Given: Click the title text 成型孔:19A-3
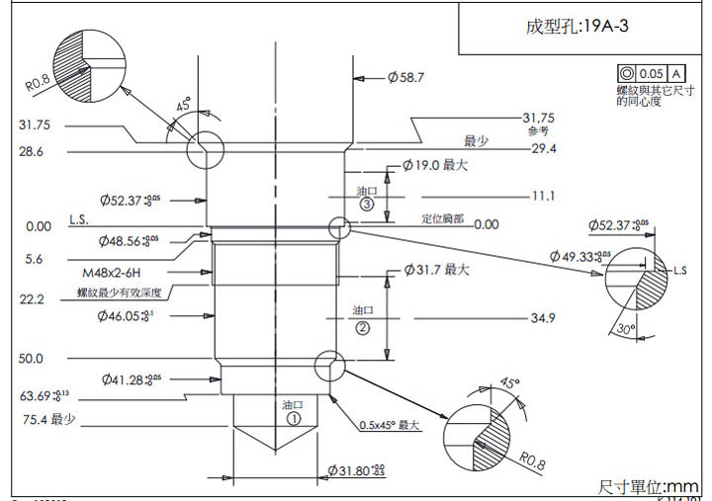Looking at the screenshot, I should click(x=577, y=27).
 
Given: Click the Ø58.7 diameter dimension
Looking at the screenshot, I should click(x=405, y=76).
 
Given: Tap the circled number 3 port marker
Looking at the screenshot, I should click(x=366, y=205).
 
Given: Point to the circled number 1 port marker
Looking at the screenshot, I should click(x=293, y=418).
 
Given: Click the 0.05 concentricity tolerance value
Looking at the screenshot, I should click(x=652, y=74).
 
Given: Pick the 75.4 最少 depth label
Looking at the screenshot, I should click(x=49, y=420).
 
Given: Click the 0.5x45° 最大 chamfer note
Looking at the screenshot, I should click(x=390, y=426).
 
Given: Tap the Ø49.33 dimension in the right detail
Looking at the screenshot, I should click(x=582, y=256).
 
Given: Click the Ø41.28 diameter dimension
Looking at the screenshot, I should click(x=131, y=378).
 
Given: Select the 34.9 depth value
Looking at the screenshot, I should click(x=543, y=318).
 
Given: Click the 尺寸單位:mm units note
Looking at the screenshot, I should click(x=649, y=486).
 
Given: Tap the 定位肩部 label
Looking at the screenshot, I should click(x=443, y=219).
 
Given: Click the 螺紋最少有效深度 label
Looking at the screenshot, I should click(x=119, y=293).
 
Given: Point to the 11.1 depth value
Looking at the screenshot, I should click(x=543, y=196).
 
